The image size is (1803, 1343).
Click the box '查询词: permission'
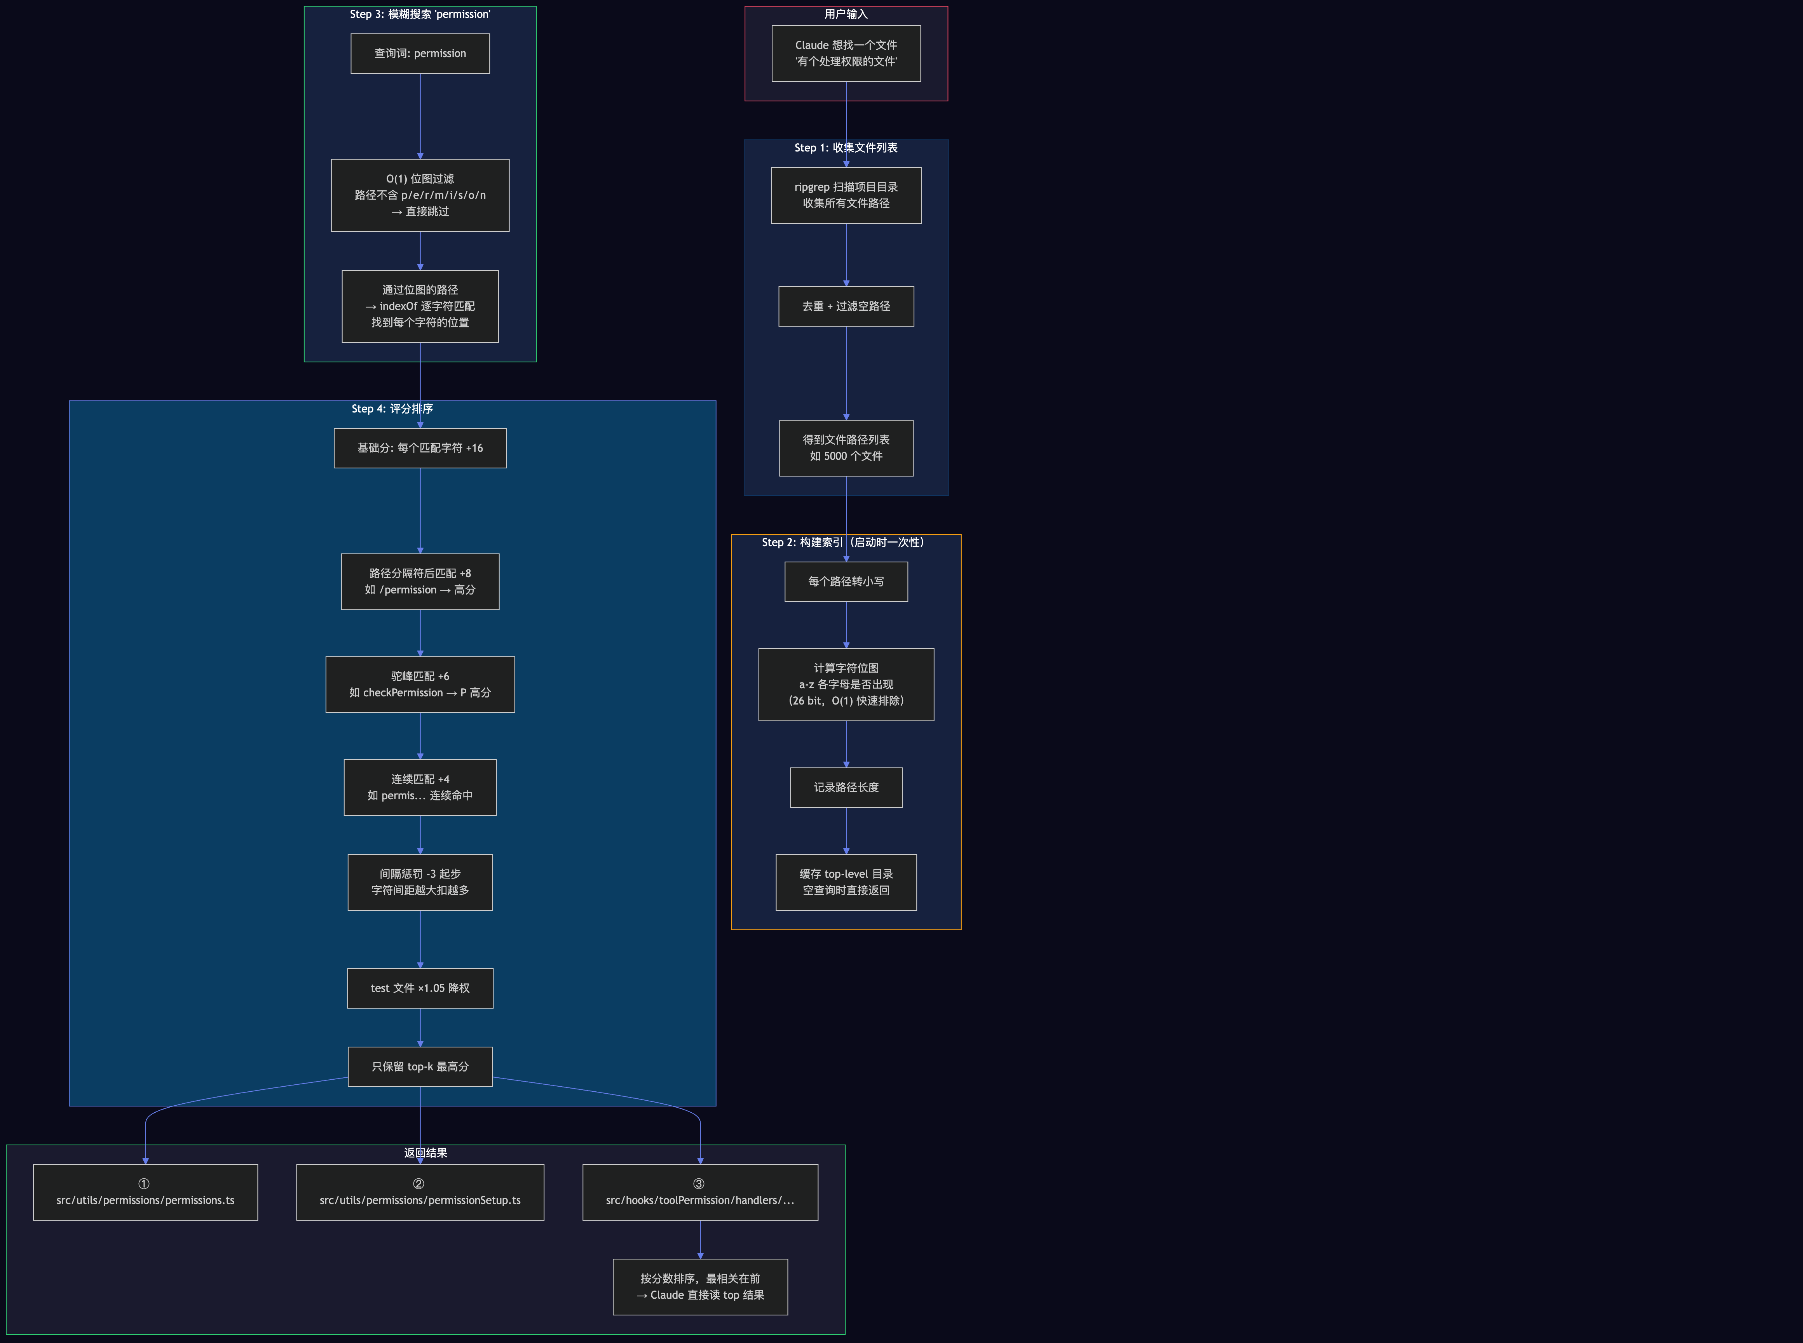tap(420, 54)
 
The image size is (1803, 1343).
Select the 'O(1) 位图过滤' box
tap(420, 195)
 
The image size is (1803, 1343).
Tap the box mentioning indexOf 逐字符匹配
tap(420, 306)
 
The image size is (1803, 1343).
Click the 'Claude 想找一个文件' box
tap(846, 54)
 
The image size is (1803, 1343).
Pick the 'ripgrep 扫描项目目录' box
tap(846, 195)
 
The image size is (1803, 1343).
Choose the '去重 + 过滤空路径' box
tap(846, 306)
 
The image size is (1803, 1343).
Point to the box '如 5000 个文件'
tap(846, 448)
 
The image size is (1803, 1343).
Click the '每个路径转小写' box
tap(846, 581)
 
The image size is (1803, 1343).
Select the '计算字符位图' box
tap(846, 684)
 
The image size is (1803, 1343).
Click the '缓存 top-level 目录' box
tap(846, 882)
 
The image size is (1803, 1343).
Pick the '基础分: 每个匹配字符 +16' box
tap(420, 448)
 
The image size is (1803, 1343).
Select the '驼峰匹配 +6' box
tap(420, 684)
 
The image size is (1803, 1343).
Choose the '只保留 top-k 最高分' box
tap(420, 1066)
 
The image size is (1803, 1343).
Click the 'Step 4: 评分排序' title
tap(392, 409)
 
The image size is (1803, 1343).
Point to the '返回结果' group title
tap(425, 1153)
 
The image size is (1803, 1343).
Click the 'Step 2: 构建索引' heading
tap(842, 542)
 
